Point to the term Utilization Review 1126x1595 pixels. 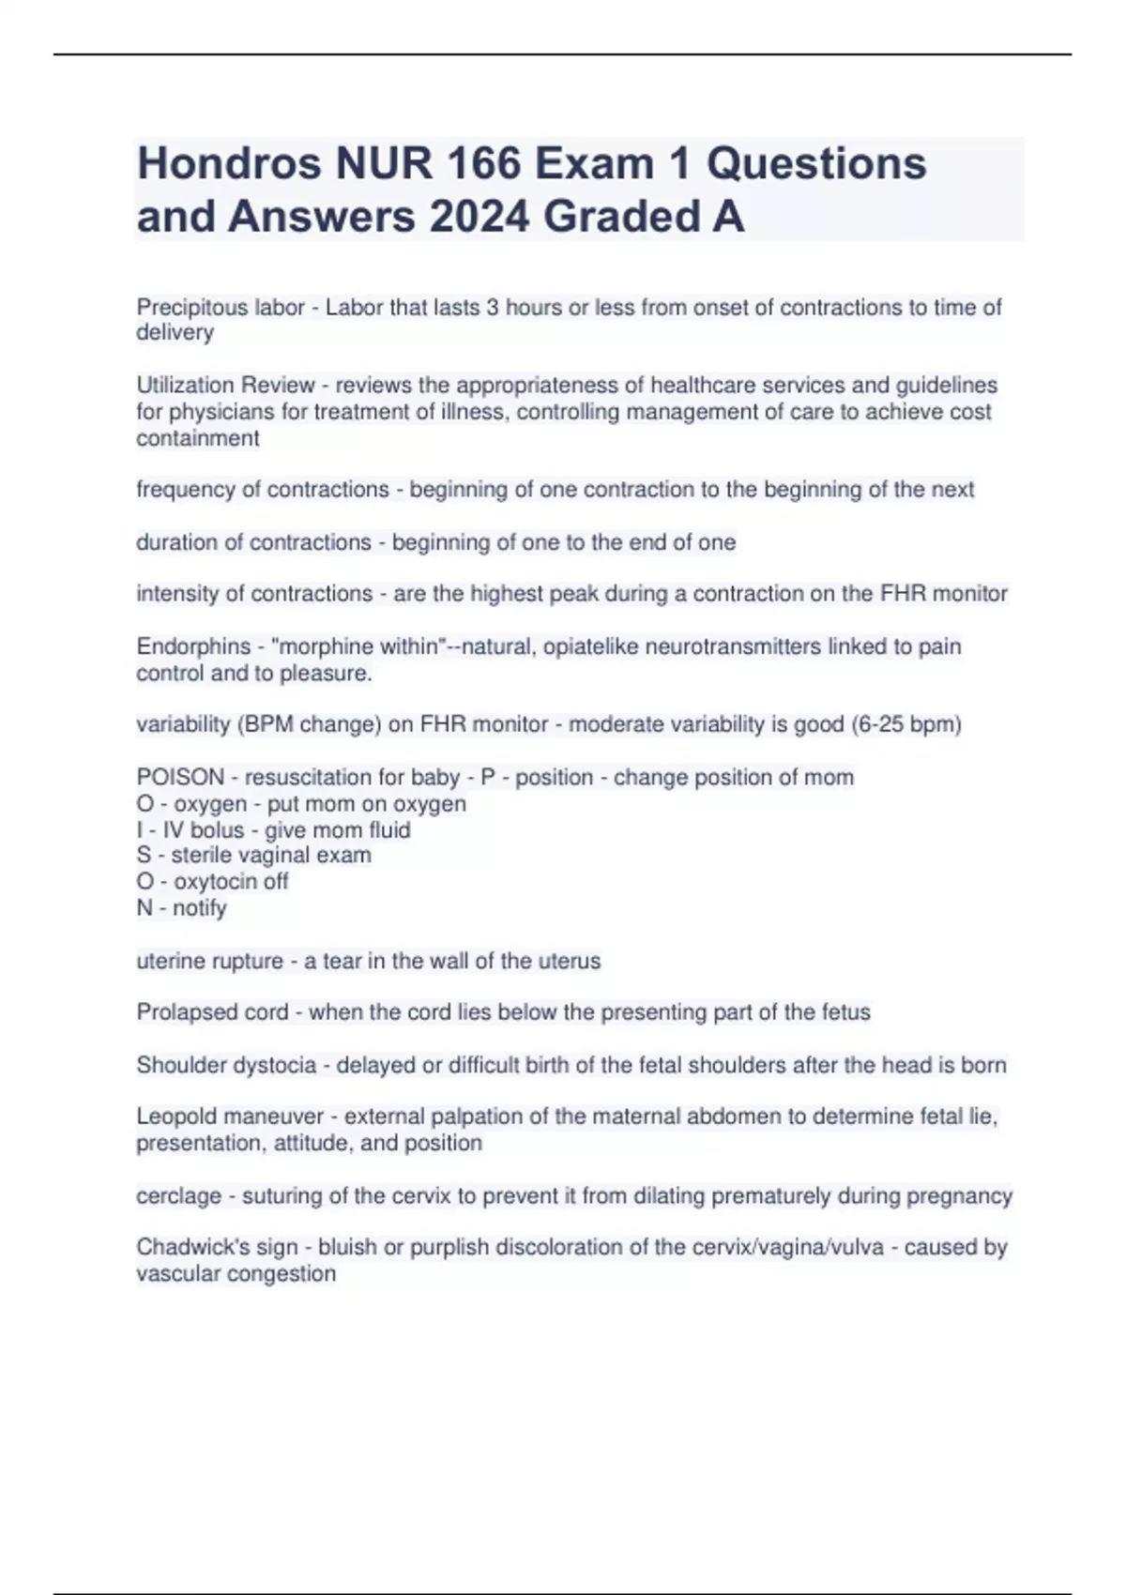coord(225,386)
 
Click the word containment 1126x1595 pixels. coord(198,438)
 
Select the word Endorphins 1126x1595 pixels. coord(193,646)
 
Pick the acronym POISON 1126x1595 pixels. coord(180,777)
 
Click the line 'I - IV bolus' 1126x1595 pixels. coord(273,830)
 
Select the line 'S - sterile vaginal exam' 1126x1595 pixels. coord(253,856)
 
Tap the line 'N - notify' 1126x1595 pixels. coord(181,908)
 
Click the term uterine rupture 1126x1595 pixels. coord(209,961)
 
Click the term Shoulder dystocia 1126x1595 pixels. coord(226,1065)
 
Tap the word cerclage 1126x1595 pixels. coord(178,1196)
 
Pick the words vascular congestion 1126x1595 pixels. coord(236,1274)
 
